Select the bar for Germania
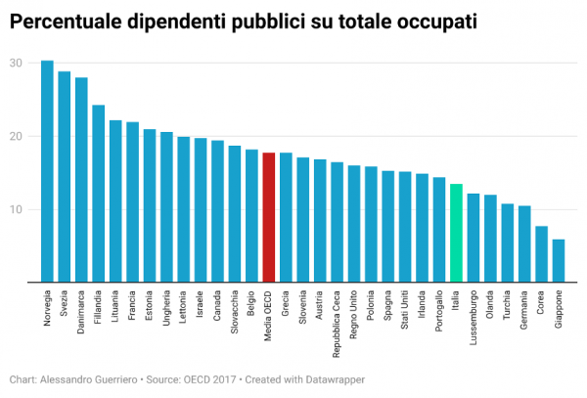[x=524, y=243]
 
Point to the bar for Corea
[x=541, y=254]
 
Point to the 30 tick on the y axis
[x=17, y=63]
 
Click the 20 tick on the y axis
[x=17, y=136]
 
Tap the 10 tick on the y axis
[x=17, y=209]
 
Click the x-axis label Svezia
[x=65, y=305]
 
